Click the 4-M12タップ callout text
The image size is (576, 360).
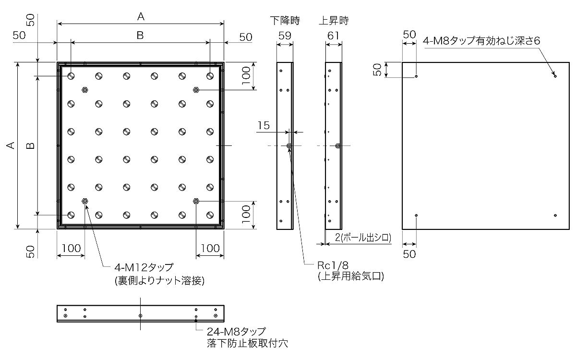[x=144, y=268]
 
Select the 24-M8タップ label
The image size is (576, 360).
[x=236, y=332]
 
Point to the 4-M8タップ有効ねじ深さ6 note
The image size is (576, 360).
[x=481, y=41]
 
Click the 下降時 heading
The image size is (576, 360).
[x=284, y=21]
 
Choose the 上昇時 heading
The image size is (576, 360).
[x=334, y=21]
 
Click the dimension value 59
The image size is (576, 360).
[x=285, y=35]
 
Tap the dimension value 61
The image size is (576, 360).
[x=334, y=35]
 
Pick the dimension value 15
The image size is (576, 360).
[x=263, y=125]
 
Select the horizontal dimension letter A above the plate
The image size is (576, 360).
[x=141, y=16]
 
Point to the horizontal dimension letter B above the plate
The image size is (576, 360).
[x=140, y=35]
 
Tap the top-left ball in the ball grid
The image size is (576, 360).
[x=71, y=76]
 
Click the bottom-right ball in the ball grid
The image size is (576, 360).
[x=210, y=215]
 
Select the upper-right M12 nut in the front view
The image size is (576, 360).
[x=196, y=90]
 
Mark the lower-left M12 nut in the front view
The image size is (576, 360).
[x=85, y=201]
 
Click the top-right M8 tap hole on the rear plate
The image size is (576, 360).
[x=555, y=76]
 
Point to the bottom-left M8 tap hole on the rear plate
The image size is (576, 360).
[x=416, y=215]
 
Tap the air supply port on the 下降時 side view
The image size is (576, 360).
[x=289, y=145]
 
